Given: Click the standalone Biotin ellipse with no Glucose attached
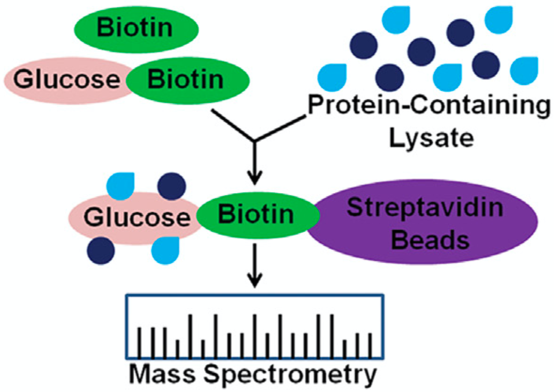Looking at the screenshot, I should pyautogui.click(x=137, y=28).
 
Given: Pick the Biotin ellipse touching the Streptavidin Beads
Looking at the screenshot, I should pyautogui.click(x=257, y=216).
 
